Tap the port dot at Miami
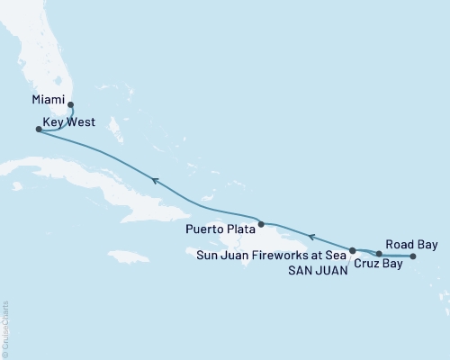[70, 104]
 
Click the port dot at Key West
[38, 130]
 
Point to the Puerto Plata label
[220, 229]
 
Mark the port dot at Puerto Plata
[261, 224]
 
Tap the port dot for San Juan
[353, 250]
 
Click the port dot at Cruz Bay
[380, 255]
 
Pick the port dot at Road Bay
[413, 256]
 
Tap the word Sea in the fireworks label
[336, 256]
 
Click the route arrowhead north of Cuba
[156, 181]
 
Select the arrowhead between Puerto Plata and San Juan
[311, 237]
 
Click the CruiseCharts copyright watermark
[5, 328]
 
